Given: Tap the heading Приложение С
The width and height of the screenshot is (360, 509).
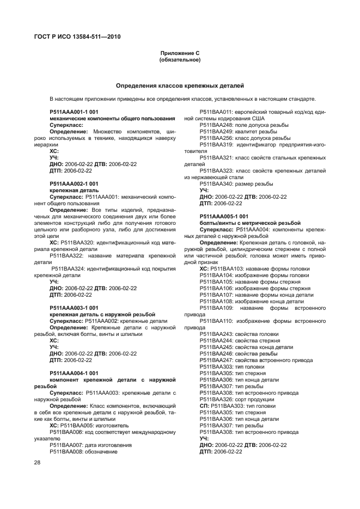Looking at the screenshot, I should coord(180,53).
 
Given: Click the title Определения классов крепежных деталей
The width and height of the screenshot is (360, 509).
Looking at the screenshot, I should coord(180,85).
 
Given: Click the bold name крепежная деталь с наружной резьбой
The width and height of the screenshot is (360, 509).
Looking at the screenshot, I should coord(102,314).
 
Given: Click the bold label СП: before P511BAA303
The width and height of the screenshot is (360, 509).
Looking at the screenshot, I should coord(204,406).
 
